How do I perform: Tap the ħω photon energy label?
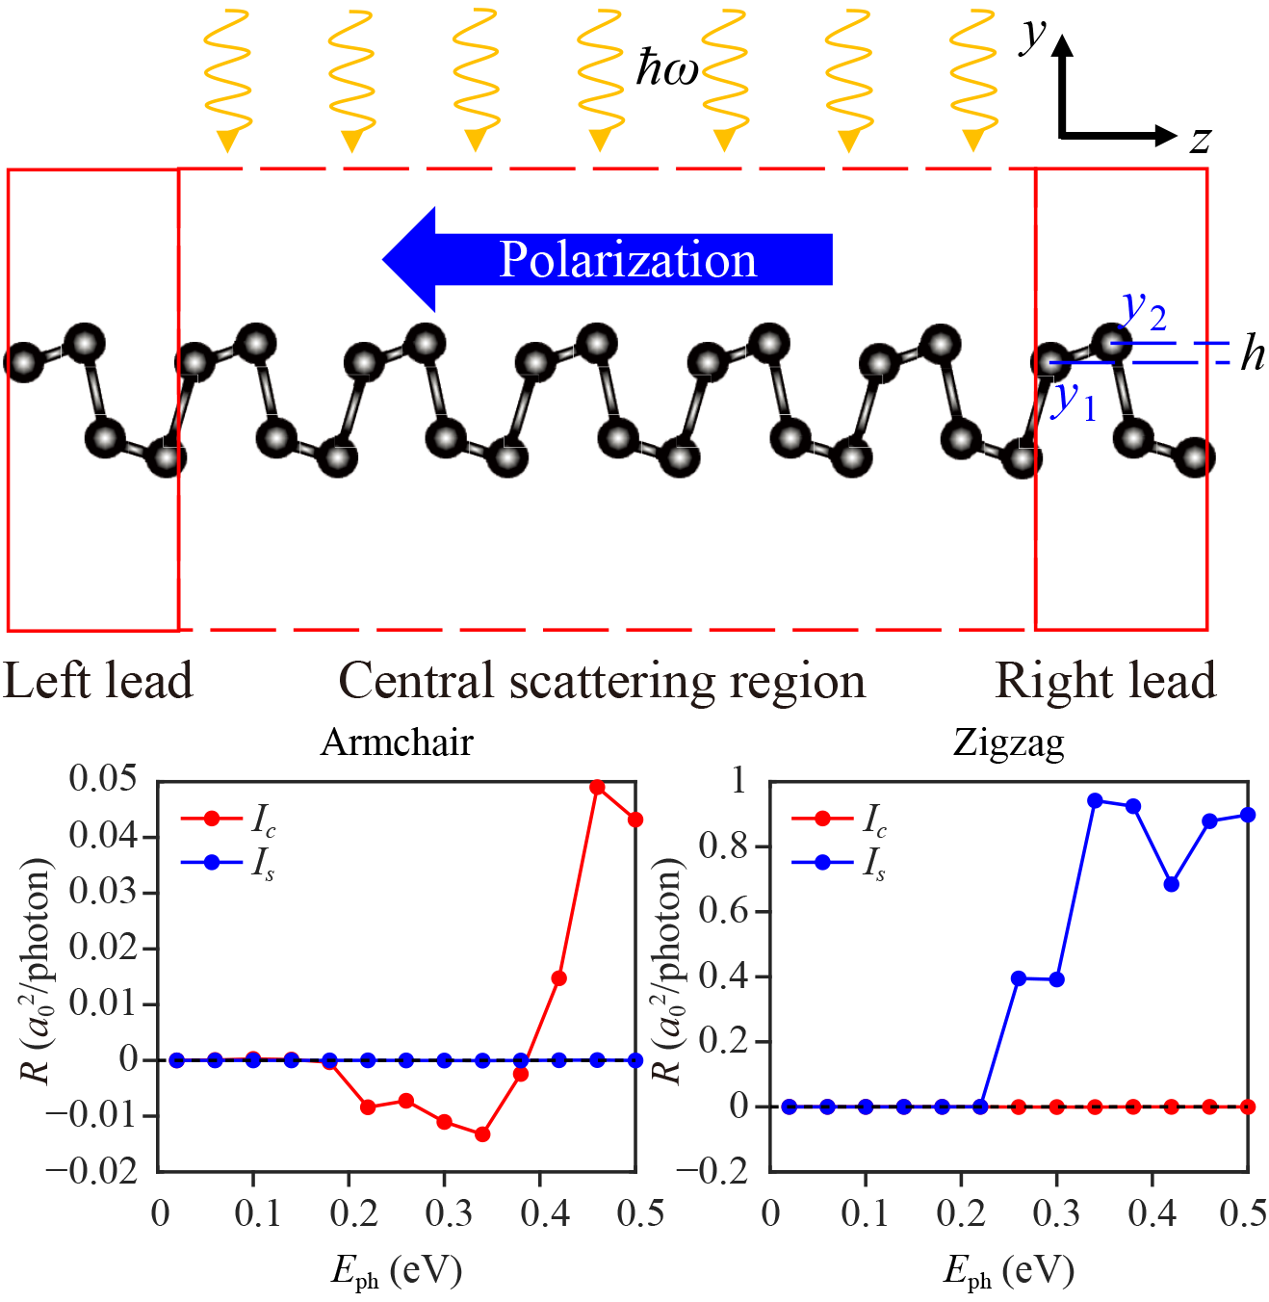coord(666,69)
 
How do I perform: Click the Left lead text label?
coord(98,681)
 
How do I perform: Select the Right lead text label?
coord(1105,681)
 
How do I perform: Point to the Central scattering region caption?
coord(602,682)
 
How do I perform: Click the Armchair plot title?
coord(397,742)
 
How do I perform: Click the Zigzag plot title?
coord(1008,742)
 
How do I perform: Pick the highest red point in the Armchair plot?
coord(597,788)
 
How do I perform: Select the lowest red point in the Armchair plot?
coord(482,1134)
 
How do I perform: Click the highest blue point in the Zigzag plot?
coord(1095,801)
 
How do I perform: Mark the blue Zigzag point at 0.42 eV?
coord(1172,884)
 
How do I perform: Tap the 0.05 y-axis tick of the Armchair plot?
coord(103,778)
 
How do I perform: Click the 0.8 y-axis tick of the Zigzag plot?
coord(724,846)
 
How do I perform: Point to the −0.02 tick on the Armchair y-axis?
coord(91,1171)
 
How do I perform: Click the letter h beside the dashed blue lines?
coord(1252,354)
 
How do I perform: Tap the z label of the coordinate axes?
coord(1200,141)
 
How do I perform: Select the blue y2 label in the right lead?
coord(1144,310)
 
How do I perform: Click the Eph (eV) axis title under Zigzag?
coord(1008,1271)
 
